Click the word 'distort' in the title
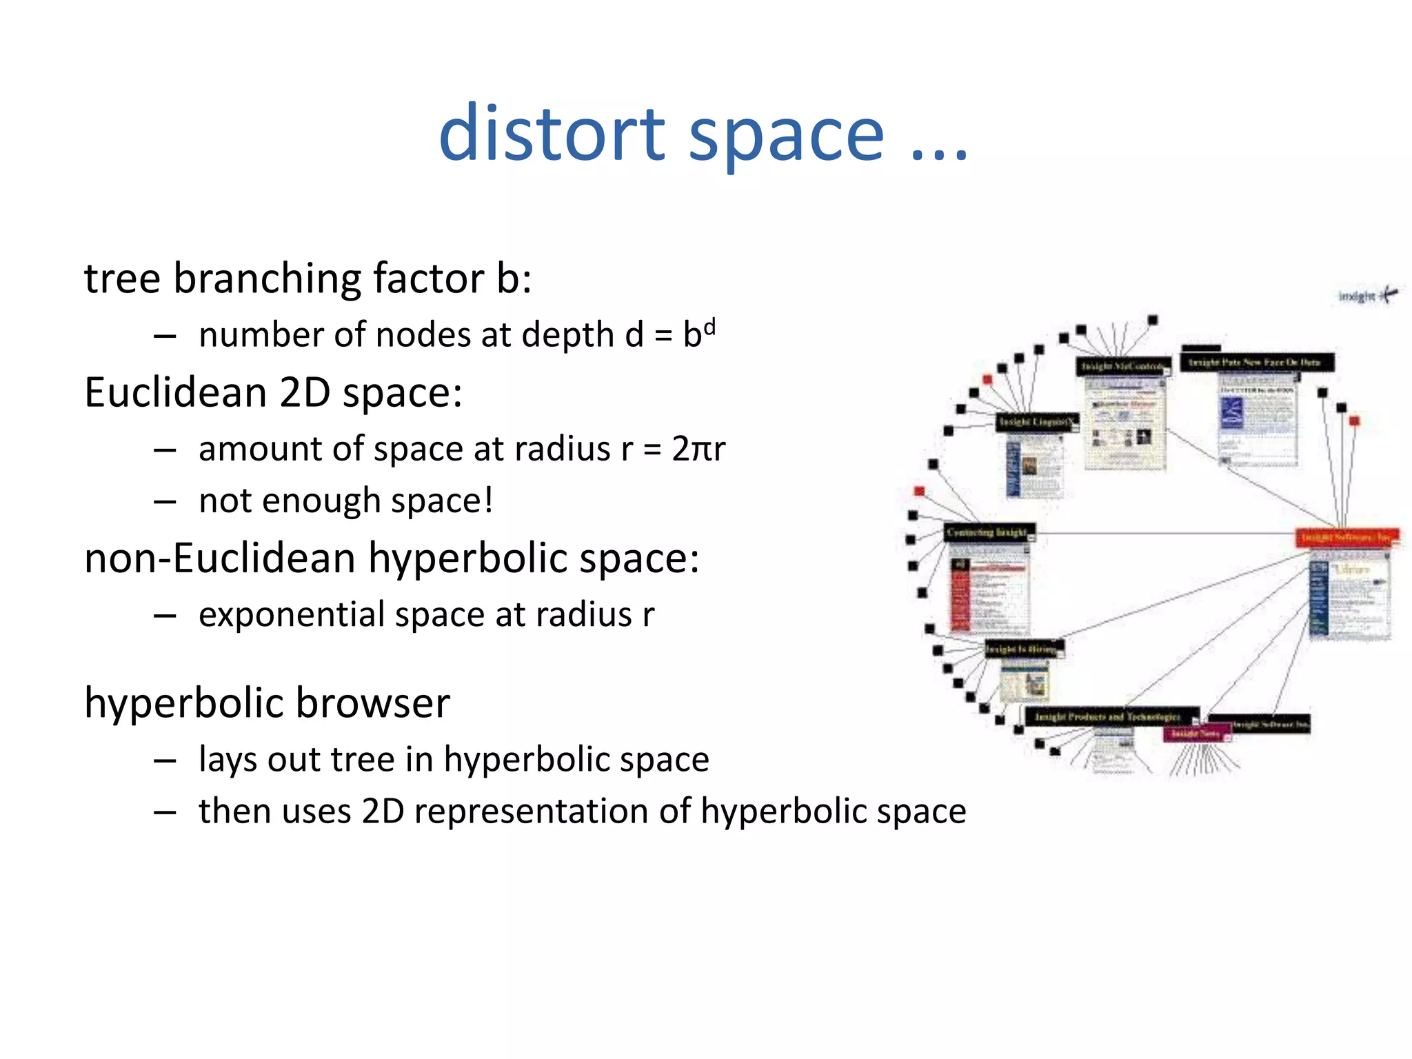click(x=552, y=134)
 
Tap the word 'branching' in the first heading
click(x=268, y=279)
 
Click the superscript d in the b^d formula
click(x=709, y=326)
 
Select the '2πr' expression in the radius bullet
click(x=698, y=449)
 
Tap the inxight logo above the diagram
click(x=1367, y=296)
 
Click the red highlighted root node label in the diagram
click(x=1347, y=536)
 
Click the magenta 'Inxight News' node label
click(x=1197, y=734)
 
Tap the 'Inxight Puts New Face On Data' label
click(x=1256, y=363)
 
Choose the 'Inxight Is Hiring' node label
click(x=1024, y=649)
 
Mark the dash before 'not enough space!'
click(x=165, y=502)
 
